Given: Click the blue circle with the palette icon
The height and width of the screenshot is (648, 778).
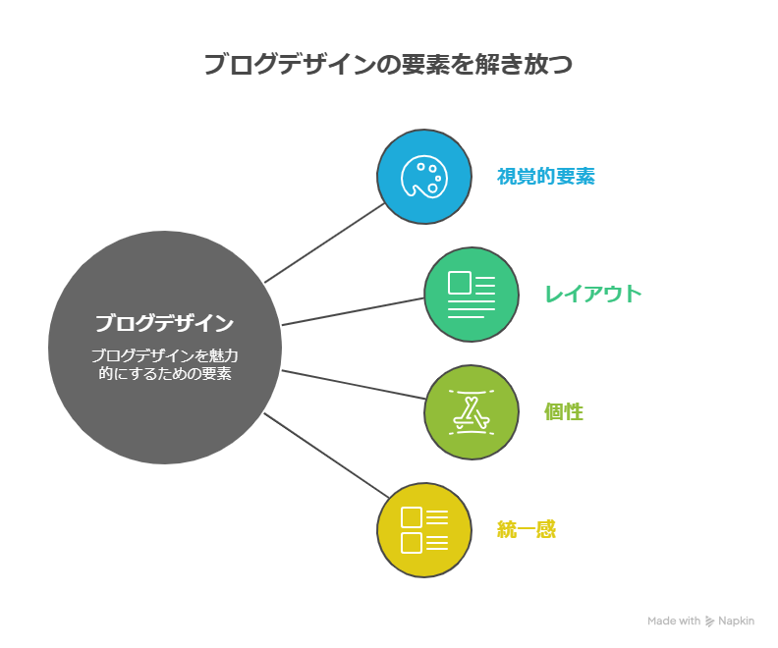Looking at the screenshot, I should point(423,177).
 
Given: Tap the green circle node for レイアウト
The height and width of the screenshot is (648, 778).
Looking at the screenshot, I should point(471,294).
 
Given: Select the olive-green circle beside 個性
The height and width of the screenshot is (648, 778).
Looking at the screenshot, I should point(471,412).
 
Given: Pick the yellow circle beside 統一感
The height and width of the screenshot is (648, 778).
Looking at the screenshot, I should point(423,530).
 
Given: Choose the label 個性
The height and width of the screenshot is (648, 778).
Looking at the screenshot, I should point(564,412).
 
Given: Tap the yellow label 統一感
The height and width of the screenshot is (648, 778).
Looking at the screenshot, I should point(527,530).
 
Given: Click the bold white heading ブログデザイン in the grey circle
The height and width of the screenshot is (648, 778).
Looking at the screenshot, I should point(164,322).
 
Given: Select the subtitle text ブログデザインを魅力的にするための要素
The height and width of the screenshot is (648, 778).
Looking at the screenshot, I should point(164,364).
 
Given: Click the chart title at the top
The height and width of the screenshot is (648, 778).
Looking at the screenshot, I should point(388,65).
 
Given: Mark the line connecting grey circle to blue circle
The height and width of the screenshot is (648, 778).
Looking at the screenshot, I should point(325,243).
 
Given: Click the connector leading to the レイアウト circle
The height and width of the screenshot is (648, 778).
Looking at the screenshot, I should point(352,311).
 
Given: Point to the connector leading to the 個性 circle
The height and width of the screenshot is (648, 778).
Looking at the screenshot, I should point(352,384).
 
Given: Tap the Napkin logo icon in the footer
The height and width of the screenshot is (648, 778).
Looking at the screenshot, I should point(710,621).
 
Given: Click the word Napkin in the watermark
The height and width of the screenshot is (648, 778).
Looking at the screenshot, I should point(737,621).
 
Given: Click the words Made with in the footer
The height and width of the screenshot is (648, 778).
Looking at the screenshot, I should point(674,621).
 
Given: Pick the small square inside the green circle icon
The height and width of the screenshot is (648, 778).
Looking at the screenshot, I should point(459,284).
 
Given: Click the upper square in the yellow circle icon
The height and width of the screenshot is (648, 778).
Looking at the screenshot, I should point(412,517).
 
